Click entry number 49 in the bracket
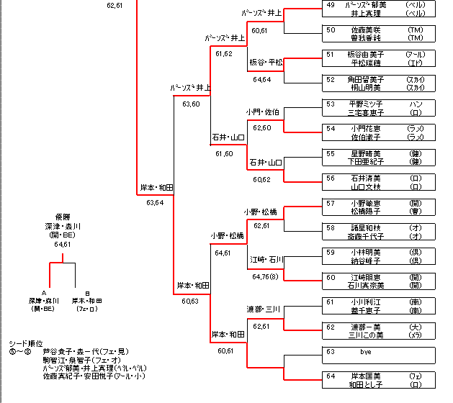pos(331,5)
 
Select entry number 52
pos(331,79)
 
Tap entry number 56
pos(331,178)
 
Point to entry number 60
pos(331,277)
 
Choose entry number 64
pos(331,376)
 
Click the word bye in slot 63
pos(365,352)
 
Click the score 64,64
pos(261,80)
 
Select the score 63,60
pos(192,104)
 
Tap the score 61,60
pos(224,153)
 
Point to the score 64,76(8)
pos(265,276)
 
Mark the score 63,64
pos(155,203)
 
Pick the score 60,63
pos(191,302)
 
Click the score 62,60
pos(261,128)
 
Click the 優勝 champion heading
pos(62,217)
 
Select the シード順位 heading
pos(26,343)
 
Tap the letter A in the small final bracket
pos(44,293)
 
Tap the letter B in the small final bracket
pos(87,293)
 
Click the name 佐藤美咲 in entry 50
pos(366,30)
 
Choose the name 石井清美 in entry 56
pos(366,178)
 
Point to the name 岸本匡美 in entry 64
pos(366,376)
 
